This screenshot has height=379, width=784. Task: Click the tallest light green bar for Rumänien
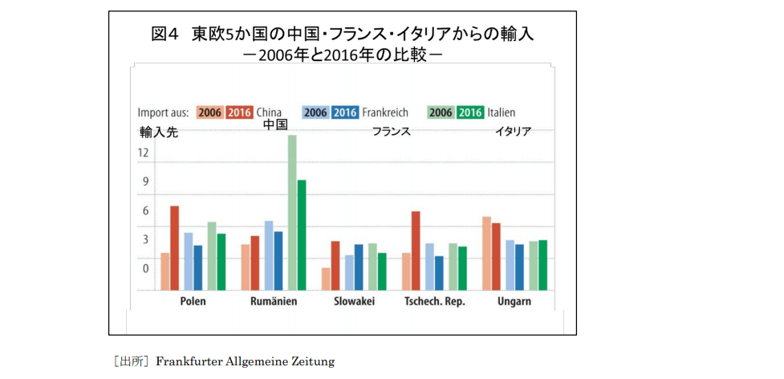292,213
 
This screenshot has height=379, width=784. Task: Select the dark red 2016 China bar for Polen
174,247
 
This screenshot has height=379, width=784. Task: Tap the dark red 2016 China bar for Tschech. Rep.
416,251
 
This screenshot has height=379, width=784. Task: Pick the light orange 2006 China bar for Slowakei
326,278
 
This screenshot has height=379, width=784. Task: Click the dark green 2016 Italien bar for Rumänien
302,234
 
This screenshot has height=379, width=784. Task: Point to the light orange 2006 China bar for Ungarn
486,253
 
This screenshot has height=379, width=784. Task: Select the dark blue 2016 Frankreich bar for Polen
198,267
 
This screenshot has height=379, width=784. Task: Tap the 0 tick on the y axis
146,268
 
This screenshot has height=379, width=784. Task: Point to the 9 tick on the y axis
146,181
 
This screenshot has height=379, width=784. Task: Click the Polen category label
193,302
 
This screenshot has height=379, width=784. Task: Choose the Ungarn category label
513,302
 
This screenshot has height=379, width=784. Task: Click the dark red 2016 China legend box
240,112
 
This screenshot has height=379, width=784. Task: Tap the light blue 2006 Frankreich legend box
315,112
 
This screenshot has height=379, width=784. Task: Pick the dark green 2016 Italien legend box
470,112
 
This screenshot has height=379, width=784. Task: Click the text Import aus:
163,112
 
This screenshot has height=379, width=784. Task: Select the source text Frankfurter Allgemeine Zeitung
245,362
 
